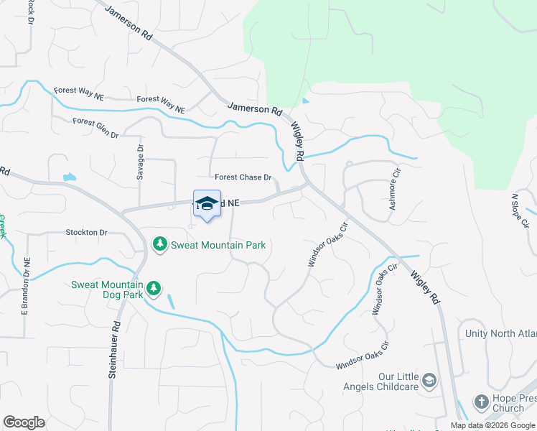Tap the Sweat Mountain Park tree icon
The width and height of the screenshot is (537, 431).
pyautogui.click(x=160, y=245)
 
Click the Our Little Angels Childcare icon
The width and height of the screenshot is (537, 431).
pyautogui.click(x=429, y=380)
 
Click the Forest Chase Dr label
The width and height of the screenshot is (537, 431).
pyautogui.click(x=243, y=177)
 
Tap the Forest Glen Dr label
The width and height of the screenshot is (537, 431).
pyautogui.click(x=95, y=123)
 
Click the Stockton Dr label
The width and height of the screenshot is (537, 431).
pyautogui.click(x=86, y=233)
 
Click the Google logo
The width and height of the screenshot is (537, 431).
pyautogui.click(x=24, y=422)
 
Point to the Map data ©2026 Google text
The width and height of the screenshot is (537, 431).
pyautogui.click(x=492, y=425)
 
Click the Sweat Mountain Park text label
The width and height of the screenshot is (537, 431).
pyautogui.click(x=218, y=245)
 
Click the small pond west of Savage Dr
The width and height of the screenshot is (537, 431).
pyautogui.click(x=70, y=177)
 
